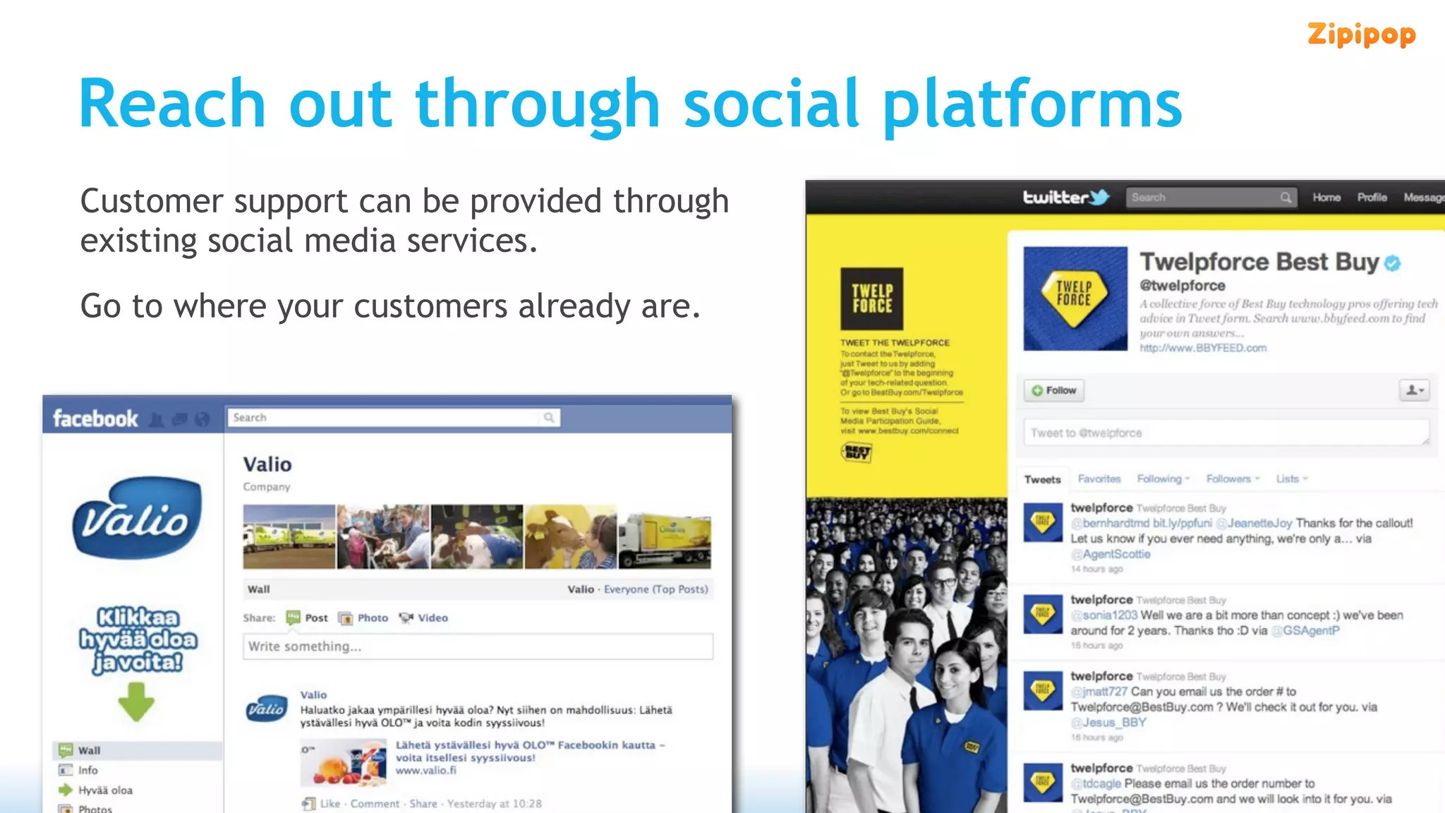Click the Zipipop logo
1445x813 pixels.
(1361, 35)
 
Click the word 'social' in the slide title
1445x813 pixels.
(771, 104)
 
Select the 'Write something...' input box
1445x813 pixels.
(478, 646)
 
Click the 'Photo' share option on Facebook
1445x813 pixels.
(364, 618)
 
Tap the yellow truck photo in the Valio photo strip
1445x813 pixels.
(665, 536)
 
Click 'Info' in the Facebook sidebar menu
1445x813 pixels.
(88, 771)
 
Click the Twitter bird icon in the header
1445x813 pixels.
(1099, 198)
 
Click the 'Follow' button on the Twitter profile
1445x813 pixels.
(1054, 390)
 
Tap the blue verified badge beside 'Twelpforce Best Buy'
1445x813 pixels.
(1392, 263)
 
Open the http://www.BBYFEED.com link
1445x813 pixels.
(1203, 348)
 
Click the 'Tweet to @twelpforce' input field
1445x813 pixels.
(1226, 433)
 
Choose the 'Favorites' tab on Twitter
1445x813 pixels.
(1099, 479)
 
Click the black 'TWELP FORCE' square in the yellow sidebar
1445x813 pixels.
(871, 299)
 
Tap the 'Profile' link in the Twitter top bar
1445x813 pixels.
(1372, 198)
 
